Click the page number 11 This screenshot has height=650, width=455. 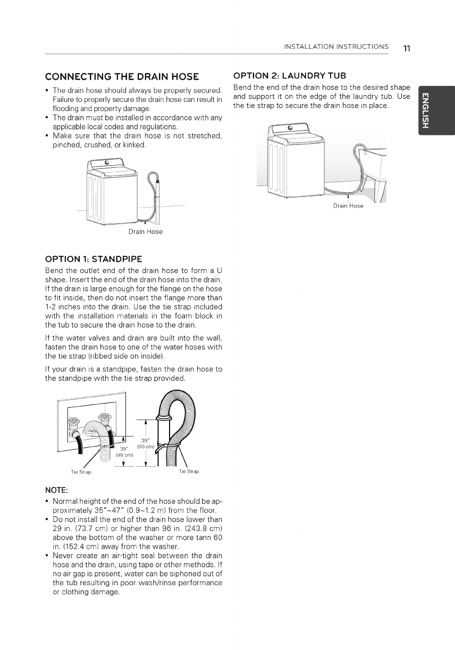(407, 48)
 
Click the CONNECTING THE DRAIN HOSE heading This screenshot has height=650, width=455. (122, 76)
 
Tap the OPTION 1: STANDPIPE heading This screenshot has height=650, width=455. (94, 259)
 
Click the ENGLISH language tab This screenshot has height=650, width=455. (426, 110)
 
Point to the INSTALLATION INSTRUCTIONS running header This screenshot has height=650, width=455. (336, 47)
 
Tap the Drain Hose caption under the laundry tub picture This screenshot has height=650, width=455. (348, 206)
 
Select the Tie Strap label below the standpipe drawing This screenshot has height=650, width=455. (189, 471)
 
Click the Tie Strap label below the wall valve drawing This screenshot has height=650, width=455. (81, 472)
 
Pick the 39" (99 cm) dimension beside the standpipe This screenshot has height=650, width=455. (146, 443)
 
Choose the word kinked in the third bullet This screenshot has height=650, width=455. (133, 145)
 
